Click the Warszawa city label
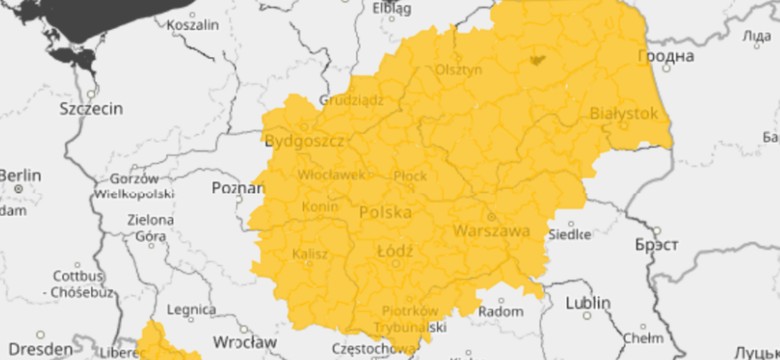(x=491, y=231)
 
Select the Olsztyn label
(x=459, y=70)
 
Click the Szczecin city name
(x=91, y=107)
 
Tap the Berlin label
(x=18, y=176)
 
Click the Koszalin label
(x=194, y=24)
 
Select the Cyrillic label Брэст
(x=657, y=244)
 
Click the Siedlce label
(x=571, y=235)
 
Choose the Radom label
(x=501, y=311)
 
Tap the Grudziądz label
(x=352, y=100)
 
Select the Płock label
(x=411, y=175)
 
